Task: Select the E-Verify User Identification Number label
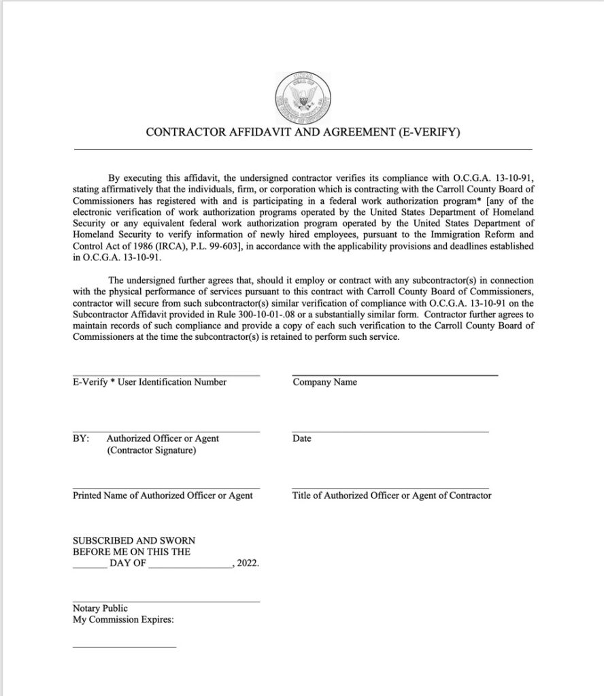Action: (150, 382)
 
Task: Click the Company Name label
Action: (324, 382)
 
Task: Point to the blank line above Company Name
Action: (395, 375)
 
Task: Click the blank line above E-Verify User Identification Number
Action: (166, 375)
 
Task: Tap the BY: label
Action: (81, 438)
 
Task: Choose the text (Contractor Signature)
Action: (152, 451)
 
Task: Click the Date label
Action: (302, 438)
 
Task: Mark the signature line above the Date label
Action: (390, 432)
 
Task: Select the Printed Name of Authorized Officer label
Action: (163, 495)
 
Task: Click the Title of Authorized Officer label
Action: (392, 495)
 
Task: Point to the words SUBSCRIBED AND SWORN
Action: (134, 540)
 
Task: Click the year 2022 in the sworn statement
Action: (248, 564)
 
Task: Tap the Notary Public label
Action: (100, 608)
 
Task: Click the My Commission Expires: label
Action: (124, 621)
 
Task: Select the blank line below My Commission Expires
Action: (124, 647)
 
